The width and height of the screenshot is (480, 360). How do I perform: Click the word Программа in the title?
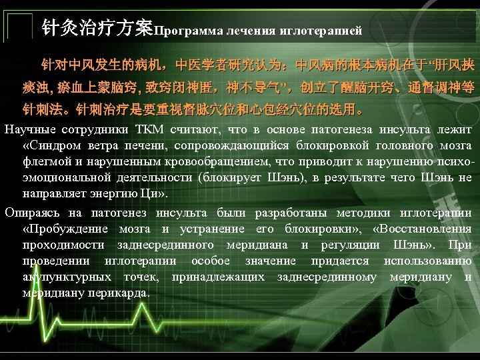point(189,30)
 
